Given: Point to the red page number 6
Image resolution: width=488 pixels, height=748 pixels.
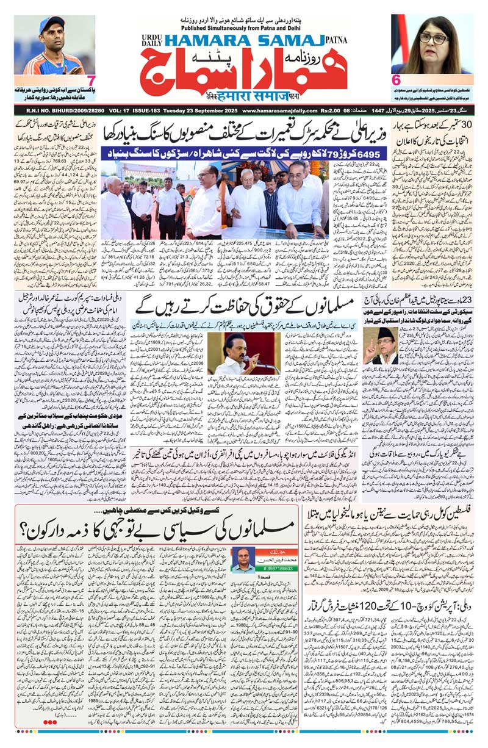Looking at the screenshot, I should (396, 79).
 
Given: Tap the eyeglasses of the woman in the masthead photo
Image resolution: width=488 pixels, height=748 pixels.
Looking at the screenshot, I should (434, 37).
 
